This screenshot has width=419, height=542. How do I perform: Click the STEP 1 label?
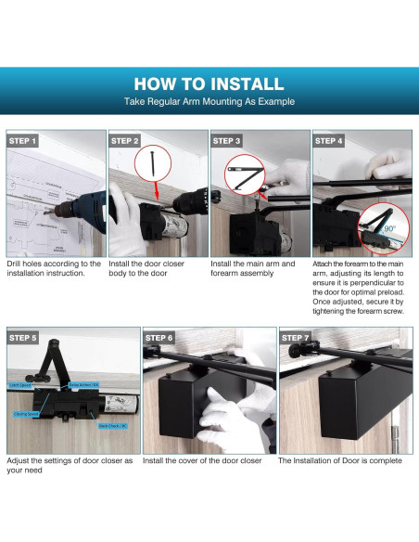point(23,141)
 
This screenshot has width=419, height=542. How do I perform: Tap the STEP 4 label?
point(329,141)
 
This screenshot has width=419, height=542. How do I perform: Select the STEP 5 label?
point(23,338)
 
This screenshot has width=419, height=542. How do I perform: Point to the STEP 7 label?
point(296,338)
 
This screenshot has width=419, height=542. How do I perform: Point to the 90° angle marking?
point(389,226)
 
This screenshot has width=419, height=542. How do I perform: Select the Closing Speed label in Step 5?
point(26,414)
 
